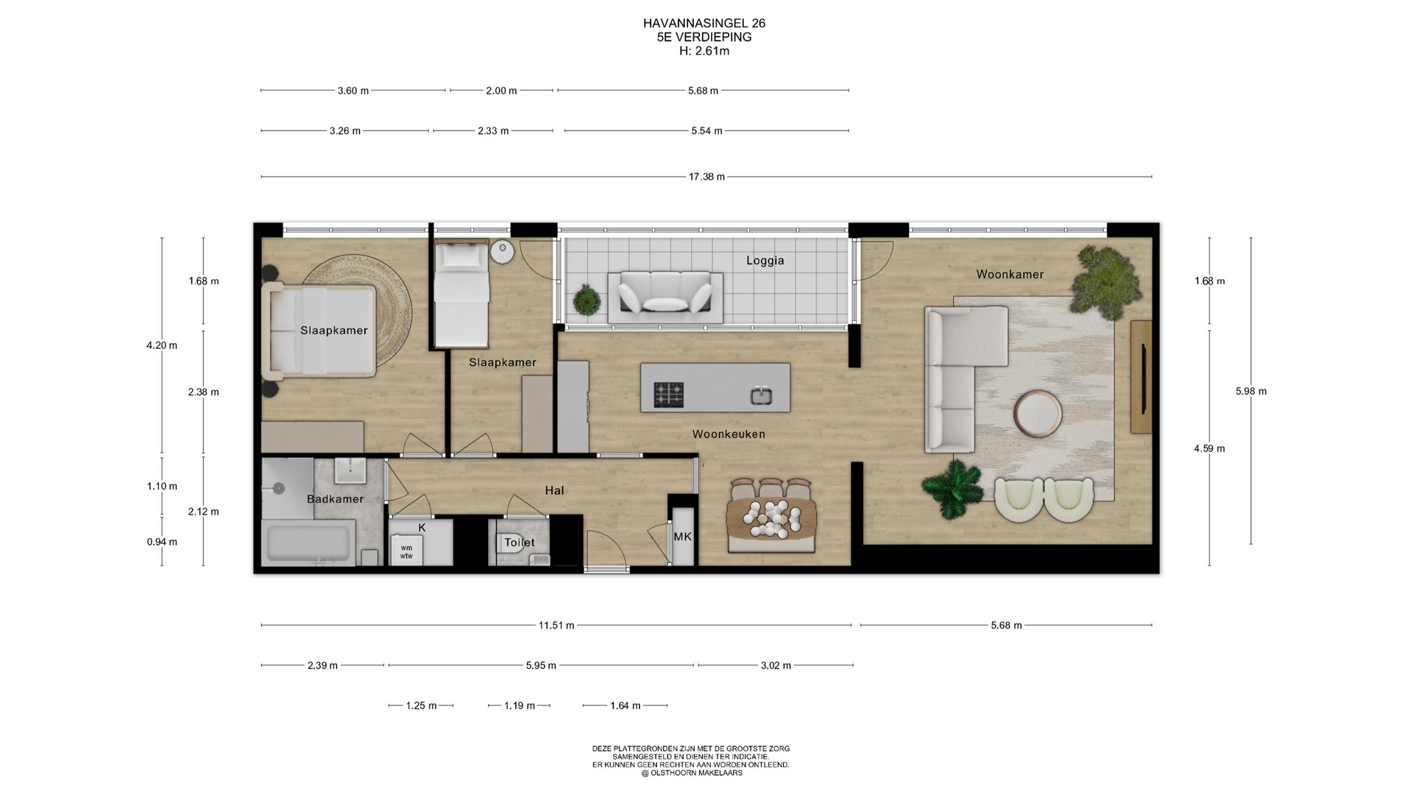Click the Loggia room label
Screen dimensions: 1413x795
(x=765, y=261)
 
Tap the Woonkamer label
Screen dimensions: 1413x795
(x=1010, y=275)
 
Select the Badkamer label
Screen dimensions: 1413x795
(x=335, y=499)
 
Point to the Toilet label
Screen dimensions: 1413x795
(x=520, y=543)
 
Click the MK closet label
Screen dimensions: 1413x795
(x=682, y=537)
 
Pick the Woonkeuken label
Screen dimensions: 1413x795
(x=729, y=434)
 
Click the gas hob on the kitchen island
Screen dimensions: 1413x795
(x=669, y=395)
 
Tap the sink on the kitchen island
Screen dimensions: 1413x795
(x=761, y=396)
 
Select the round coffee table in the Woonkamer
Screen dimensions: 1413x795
(x=1038, y=414)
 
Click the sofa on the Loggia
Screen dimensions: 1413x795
(x=665, y=297)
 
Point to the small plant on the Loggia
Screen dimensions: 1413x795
(x=587, y=300)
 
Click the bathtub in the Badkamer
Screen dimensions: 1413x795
(x=308, y=543)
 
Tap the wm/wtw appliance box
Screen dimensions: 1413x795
(x=406, y=551)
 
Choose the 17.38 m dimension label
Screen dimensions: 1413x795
(x=706, y=177)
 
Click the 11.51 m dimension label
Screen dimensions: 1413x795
(x=556, y=626)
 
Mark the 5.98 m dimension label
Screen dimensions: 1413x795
(x=1251, y=392)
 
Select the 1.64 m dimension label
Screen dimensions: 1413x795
(x=625, y=706)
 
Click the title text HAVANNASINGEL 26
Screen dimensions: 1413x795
(x=704, y=24)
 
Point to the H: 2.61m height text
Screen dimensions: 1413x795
(x=704, y=51)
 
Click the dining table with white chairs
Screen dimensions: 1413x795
(x=771, y=515)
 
